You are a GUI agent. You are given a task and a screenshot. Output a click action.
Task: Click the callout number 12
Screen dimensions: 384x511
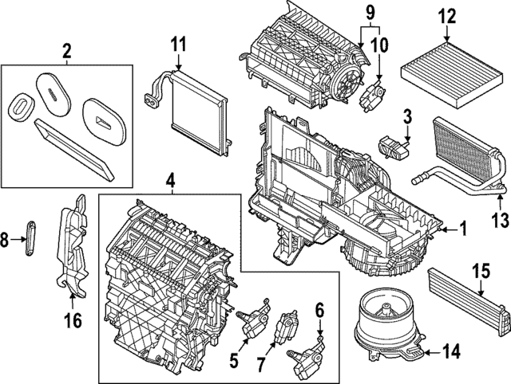pos(446,14)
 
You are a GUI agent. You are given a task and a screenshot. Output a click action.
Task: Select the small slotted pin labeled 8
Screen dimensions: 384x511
pos(31,237)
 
